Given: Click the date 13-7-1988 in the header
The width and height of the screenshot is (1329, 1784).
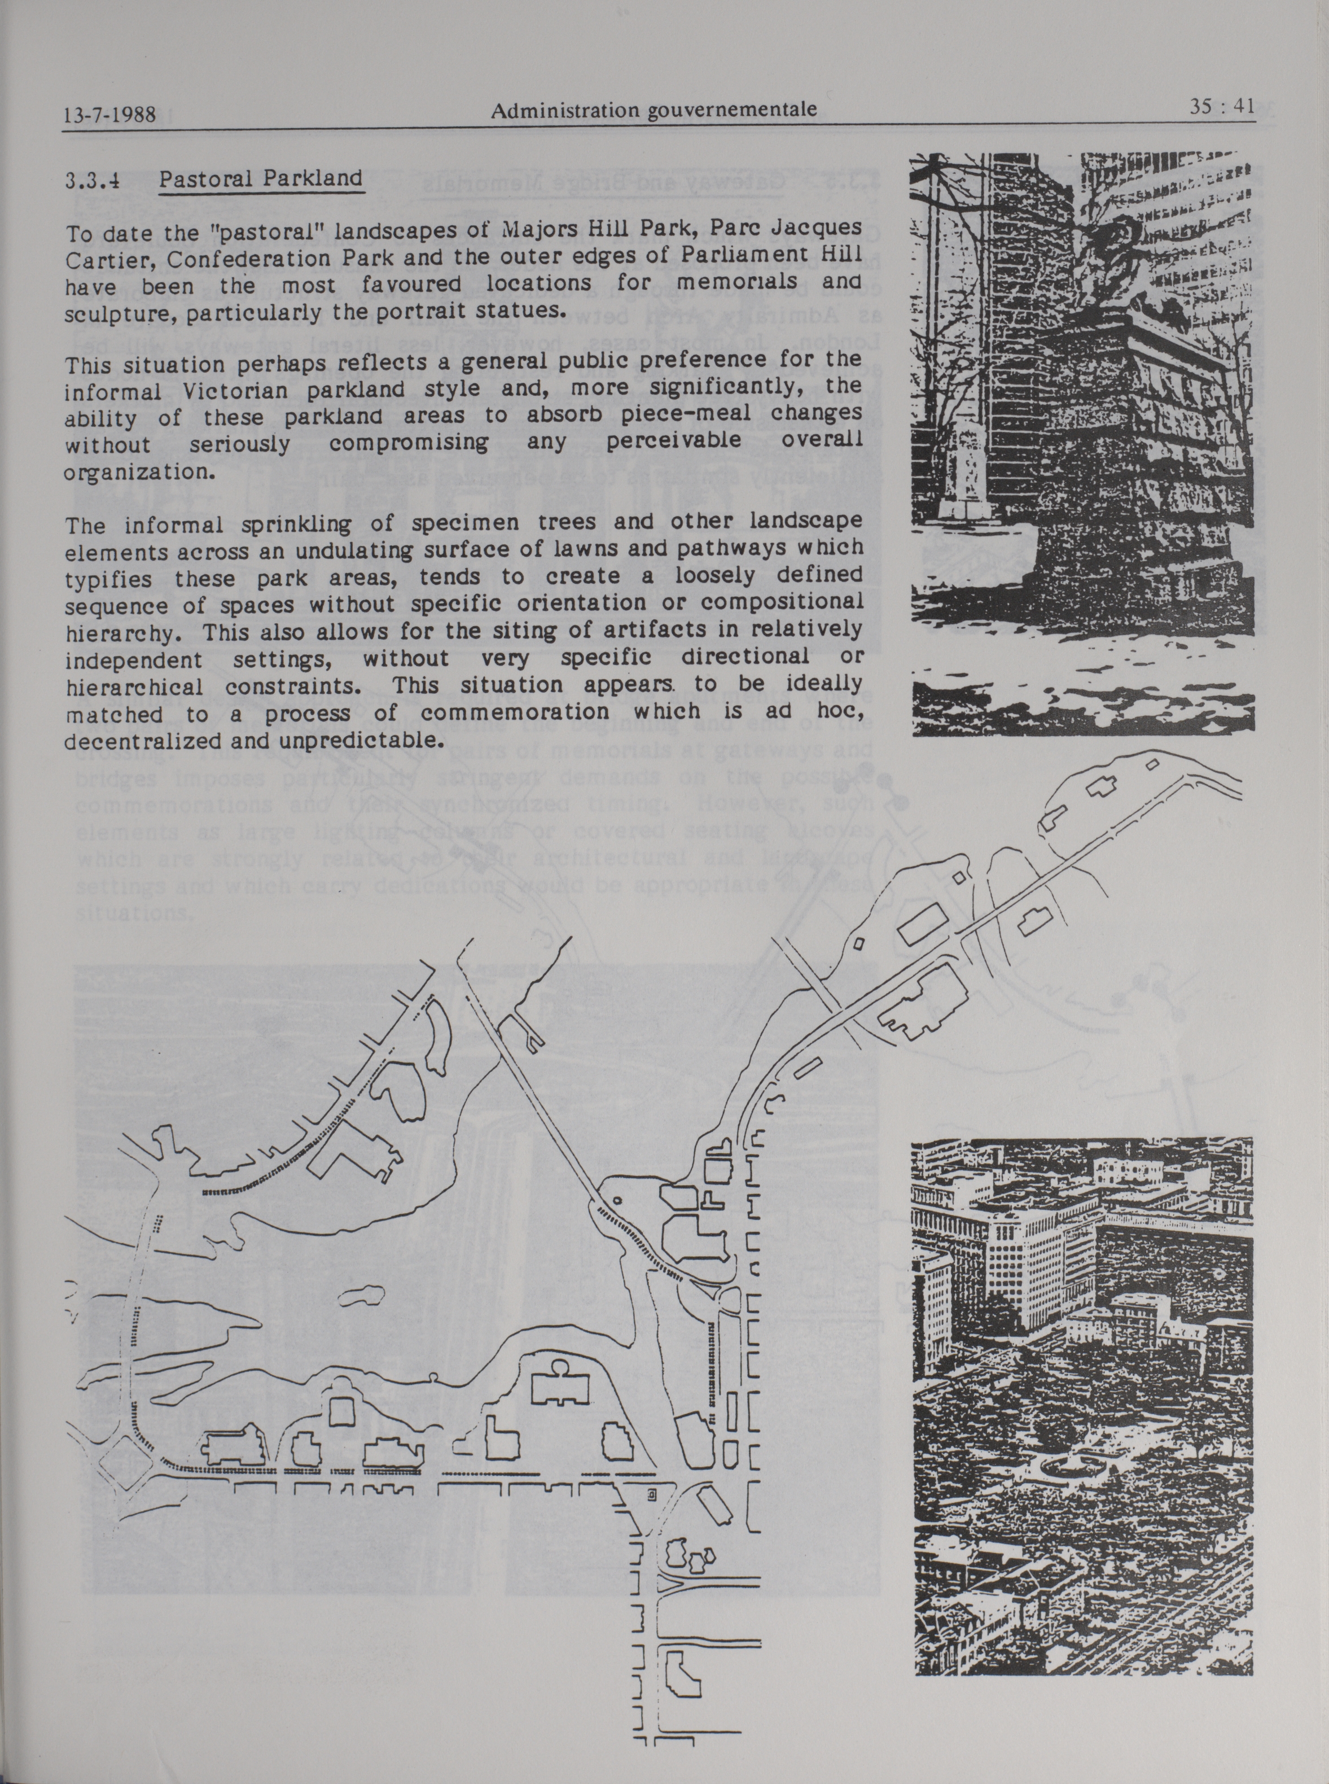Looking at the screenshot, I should tap(109, 114).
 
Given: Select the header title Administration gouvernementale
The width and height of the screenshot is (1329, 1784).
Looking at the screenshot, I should tap(653, 110).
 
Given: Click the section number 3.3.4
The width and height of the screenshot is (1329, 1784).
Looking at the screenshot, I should tap(93, 180).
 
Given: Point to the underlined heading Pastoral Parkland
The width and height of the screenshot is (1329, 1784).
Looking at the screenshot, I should tap(260, 178).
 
